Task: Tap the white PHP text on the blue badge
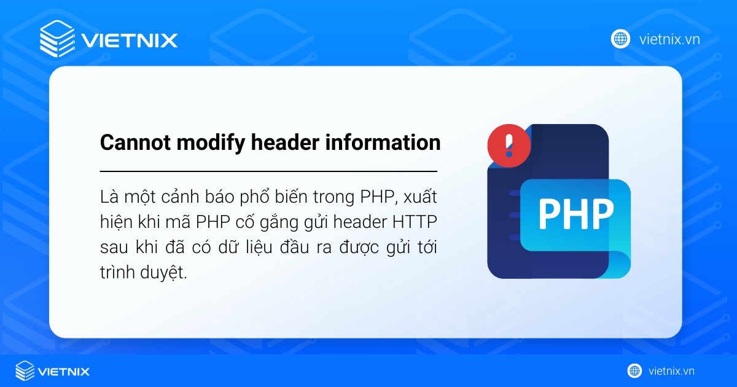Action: (575, 213)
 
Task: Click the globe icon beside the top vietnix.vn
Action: (620, 39)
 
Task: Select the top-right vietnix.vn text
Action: (669, 40)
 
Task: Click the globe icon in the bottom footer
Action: (634, 371)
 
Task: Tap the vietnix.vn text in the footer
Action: (671, 371)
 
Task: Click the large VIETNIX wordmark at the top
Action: (130, 41)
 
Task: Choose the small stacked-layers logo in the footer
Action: (25, 371)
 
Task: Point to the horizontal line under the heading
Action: (268, 171)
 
